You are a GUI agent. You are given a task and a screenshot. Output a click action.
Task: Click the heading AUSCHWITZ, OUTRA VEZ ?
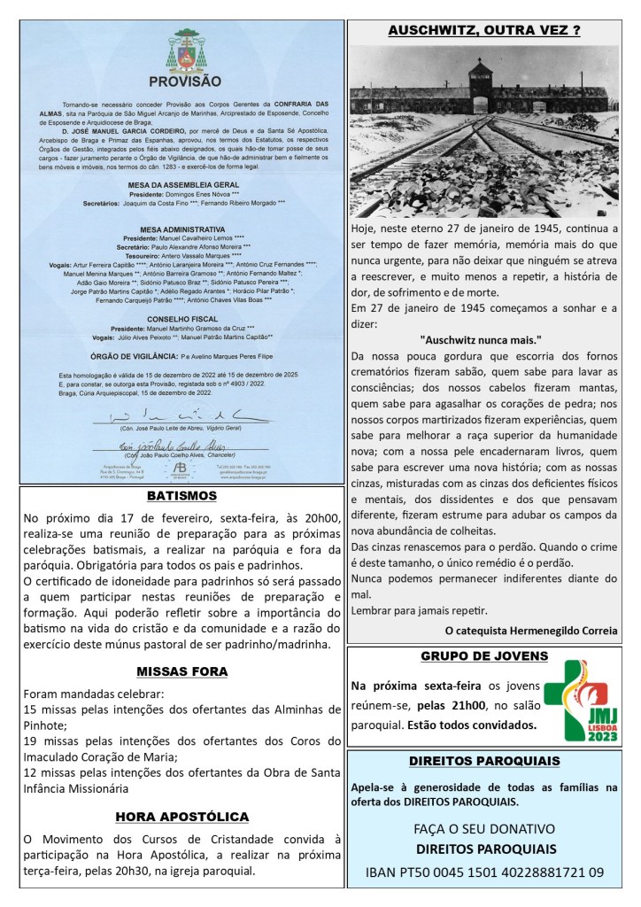point(483,31)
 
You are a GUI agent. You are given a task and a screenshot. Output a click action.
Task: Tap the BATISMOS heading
point(182,495)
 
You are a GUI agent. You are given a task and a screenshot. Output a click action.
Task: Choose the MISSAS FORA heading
point(182,671)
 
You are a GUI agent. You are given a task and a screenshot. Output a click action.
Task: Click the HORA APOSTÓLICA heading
point(182,817)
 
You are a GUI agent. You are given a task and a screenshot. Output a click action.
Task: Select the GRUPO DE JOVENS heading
point(483,656)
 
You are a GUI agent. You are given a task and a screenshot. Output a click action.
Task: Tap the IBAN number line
point(483,872)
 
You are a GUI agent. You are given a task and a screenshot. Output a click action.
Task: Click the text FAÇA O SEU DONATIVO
point(483,829)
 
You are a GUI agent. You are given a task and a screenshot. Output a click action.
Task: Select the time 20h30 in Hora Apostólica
point(151,872)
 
